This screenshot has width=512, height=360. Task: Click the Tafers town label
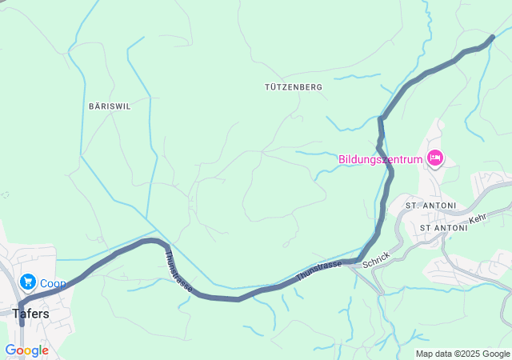coord(30,314)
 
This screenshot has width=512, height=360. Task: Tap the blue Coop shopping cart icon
coord(28,282)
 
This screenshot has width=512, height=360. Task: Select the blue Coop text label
coord(53,282)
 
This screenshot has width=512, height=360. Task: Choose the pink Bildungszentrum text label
coord(380,158)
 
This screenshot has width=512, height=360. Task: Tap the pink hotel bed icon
coord(435,158)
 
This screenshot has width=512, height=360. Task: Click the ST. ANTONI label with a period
coord(430,206)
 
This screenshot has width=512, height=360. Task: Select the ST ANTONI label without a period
coord(449,228)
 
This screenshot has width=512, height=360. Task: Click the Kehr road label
coord(478,218)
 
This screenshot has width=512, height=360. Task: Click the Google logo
coord(26,350)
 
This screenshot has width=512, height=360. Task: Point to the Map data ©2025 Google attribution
coord(462,354)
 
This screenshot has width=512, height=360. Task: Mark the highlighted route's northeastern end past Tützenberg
coord(492,36)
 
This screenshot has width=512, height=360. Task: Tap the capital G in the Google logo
coord(10,350)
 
